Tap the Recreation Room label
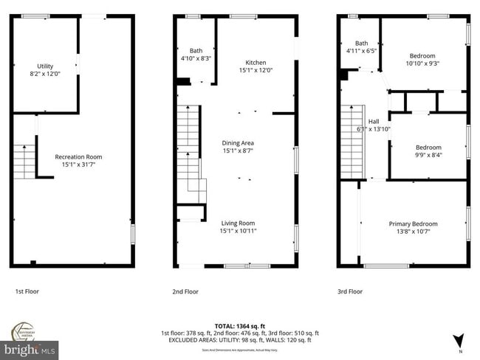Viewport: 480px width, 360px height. [78, 156]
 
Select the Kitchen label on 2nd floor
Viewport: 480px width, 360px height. [256, 63]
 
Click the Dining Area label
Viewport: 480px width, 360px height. [238, 143]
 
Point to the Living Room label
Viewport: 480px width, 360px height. [238, 223]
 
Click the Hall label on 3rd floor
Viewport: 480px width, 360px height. [373, 122]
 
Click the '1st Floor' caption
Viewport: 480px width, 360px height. [27, 291]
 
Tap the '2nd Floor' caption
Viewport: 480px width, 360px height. [185, 291]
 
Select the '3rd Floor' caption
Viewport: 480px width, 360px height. [351, 291]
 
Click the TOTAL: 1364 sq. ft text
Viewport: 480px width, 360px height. [239, 325]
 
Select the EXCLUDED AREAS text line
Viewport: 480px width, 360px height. [239, 339]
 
